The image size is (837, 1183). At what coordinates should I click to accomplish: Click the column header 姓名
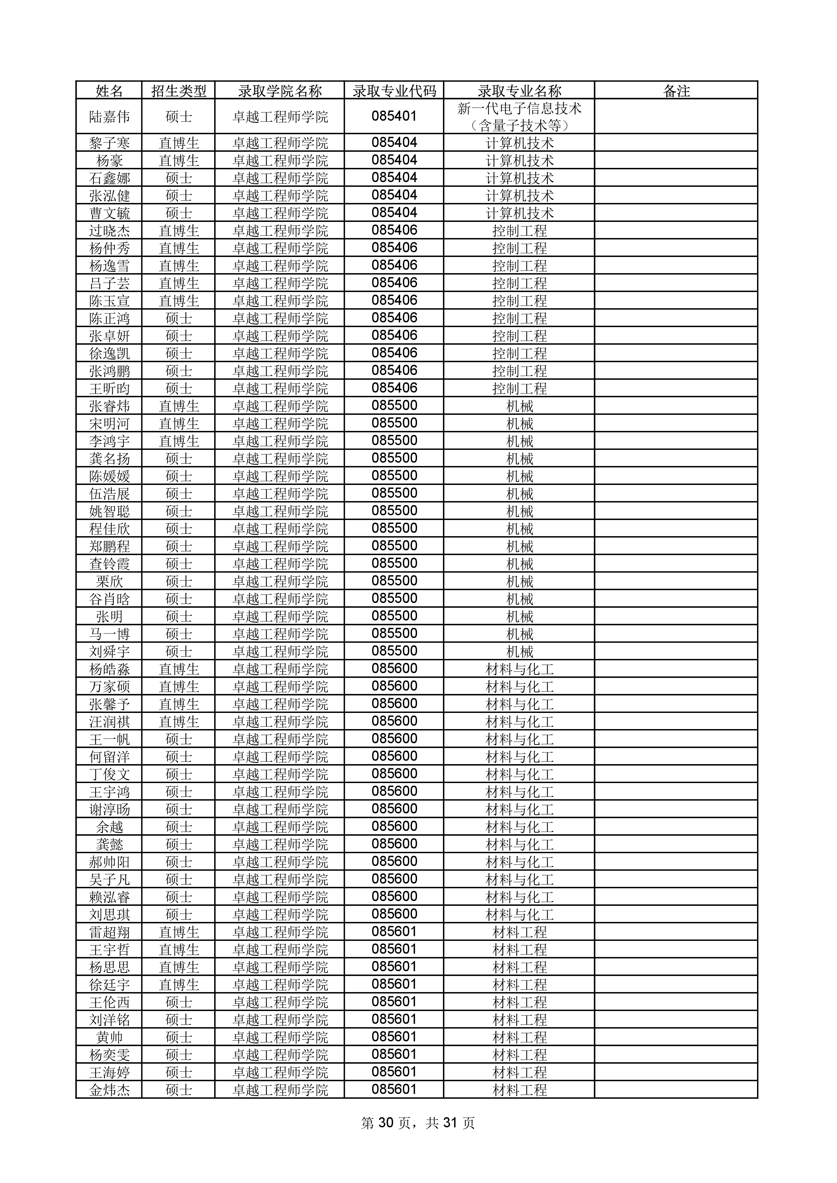pyautogui.click(x=109, y=91)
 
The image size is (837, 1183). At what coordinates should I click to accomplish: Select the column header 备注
pyautogui.click(x=676, y=91)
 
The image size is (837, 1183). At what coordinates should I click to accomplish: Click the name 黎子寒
pyautogui.click(x=109, y=143)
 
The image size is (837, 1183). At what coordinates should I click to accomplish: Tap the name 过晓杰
pyautogui.click(x=109, y=231)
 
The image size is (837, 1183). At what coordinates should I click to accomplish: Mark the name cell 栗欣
pyautogui.click(x=109, y=581)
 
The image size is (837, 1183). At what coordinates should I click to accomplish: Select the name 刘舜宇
pyautogui.click(x=109, y=651)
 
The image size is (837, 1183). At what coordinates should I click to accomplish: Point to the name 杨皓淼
pyautogui.click(x=109, y=669)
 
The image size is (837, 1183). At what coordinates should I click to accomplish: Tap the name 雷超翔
pyautogui.click(x=109, y=931)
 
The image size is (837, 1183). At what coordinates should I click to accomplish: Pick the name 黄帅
pyautogui.click(x=109, y=1037)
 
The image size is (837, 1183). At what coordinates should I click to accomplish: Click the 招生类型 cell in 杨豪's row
pyautogui.click(x=178, y=160)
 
